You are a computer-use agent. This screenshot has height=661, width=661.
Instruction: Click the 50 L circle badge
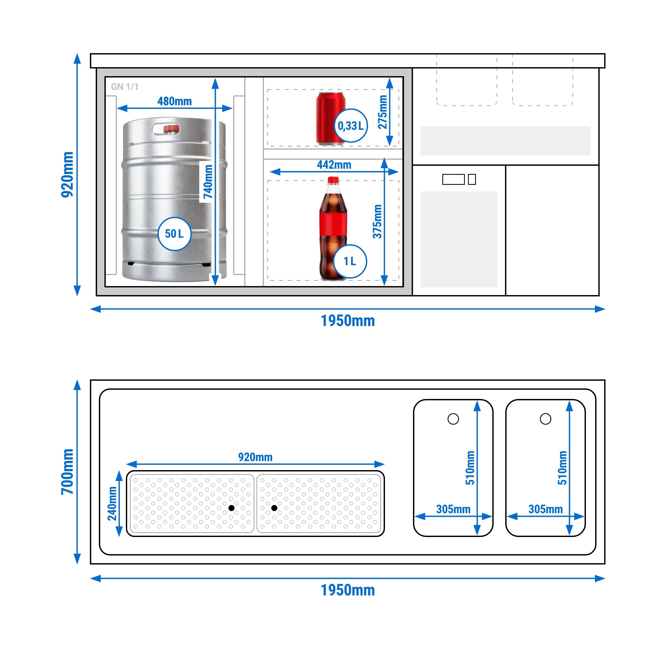(174, 234)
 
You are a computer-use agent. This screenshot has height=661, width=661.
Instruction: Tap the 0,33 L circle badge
(351, 126)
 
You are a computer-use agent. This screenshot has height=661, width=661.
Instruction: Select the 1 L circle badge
(350, 261)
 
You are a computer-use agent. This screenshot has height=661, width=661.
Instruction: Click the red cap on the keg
(171, 129)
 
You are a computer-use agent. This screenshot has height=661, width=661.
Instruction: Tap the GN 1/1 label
(125, 87)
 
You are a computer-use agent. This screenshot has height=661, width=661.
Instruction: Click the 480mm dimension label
(175, 101)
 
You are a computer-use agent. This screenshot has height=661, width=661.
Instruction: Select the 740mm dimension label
(208, 182)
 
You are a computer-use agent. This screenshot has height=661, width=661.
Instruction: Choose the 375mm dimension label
(377, 221)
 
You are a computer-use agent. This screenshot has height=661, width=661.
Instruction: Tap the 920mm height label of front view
(67, 175)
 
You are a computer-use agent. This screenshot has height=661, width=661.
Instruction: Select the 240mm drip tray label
(112, 504)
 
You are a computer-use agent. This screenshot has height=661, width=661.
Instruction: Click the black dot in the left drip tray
(232, 508)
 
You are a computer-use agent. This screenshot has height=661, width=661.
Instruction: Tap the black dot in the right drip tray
(274, 508)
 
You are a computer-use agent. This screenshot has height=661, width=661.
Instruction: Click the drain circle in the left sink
(453, 419)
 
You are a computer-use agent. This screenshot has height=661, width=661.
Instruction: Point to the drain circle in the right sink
(545, 419)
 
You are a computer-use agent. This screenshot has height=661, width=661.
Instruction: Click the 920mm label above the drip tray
(255, 457)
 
